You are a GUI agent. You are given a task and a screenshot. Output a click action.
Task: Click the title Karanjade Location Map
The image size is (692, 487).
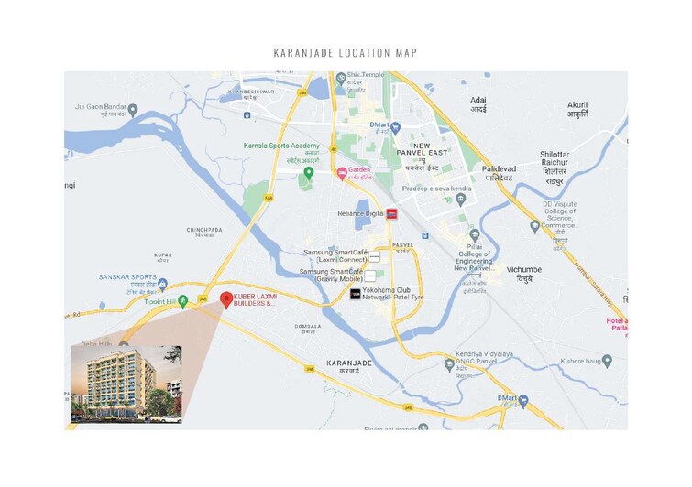346,52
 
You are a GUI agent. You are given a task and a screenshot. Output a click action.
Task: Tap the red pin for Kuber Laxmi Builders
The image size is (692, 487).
226,298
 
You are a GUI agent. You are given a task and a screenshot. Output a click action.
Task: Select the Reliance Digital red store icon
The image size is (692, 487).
392,213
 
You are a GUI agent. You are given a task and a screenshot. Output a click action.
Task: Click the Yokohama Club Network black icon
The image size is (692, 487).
356,294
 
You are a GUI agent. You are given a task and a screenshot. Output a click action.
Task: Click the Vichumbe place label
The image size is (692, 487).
524,270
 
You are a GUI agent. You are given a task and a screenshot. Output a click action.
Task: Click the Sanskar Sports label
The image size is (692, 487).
128,276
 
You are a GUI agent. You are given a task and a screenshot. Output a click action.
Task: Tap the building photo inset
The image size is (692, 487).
126,384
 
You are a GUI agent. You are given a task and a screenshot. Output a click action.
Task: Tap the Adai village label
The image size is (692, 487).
478,103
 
